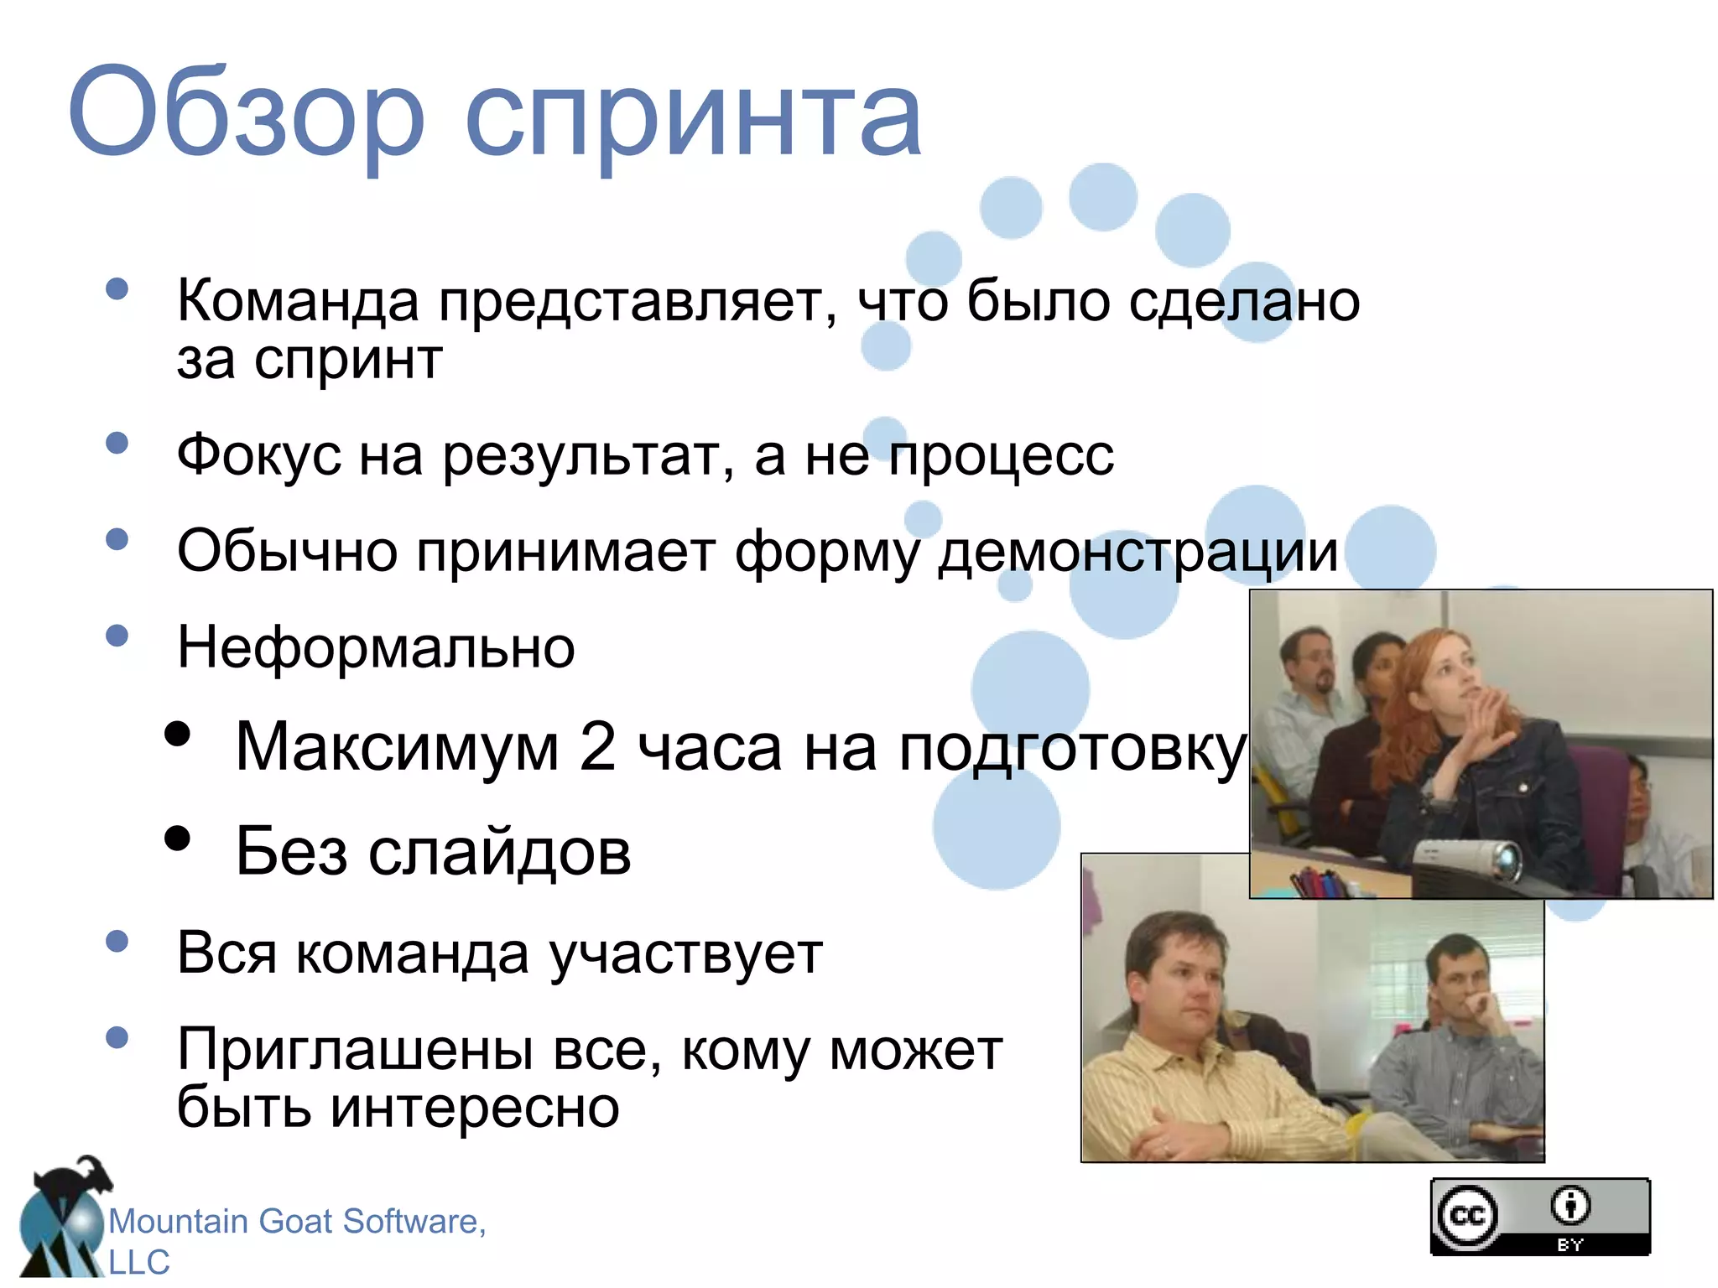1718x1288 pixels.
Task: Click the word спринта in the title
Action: point(693,117)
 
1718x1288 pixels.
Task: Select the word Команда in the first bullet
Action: point(298,302)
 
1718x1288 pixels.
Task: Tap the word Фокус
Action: point(258,457)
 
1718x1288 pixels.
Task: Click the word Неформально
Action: point(376,648)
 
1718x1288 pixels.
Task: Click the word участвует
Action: point(685,954)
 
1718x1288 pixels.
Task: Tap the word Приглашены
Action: point(355,1050)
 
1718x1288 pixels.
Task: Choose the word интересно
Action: point(475,1108)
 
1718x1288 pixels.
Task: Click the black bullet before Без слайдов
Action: point(177,839)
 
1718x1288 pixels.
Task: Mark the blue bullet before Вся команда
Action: point(117,941)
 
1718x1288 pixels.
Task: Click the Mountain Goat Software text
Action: point(297,1222)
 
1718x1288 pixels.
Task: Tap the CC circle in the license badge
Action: point(1467,1216)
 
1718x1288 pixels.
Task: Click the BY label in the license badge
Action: point(1570,1245)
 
